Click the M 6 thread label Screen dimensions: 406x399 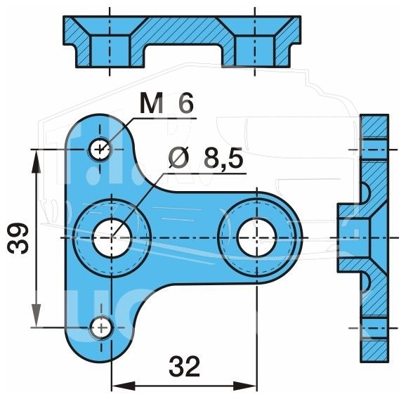point(166,103)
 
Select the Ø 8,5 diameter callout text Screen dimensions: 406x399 point(206,158)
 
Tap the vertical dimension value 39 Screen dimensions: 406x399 point(18,238)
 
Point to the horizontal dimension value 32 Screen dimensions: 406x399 point(184,367)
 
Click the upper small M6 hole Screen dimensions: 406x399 point(100,150)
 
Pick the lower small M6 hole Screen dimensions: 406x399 point(101,328)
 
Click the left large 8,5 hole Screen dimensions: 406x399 point(112,237)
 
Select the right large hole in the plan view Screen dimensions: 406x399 point(256,237)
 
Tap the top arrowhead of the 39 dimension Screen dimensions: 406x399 point(36,161)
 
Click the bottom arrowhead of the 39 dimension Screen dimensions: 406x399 point(37,316)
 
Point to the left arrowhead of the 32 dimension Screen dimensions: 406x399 point(124,386)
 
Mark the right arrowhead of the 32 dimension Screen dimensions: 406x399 point(244,386)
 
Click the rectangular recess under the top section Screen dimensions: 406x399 point(183,56)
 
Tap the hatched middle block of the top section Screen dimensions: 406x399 point(183,32)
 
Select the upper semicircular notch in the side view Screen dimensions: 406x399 point(365,193)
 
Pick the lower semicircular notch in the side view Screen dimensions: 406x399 point(365,283)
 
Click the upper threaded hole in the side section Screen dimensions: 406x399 point(374,150)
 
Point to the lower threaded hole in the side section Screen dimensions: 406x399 point(374,328)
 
